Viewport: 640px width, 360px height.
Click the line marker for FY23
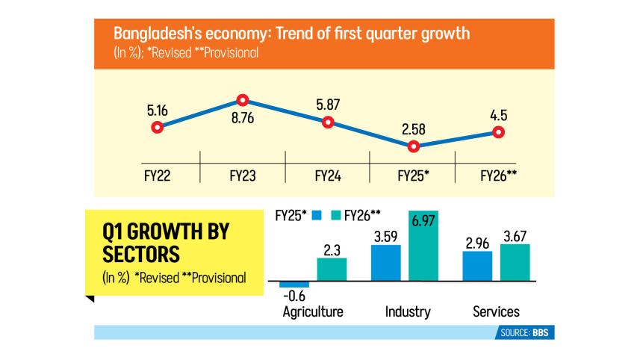point(242,100)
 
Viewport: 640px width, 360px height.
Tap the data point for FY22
point(157,127)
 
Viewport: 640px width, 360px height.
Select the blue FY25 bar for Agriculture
point(294,285)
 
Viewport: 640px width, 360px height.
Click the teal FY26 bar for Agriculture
point(332,270)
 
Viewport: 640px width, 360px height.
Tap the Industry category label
point(407,311)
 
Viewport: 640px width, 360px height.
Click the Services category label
point(496,311)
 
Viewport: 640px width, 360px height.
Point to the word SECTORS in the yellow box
point(140,255)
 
